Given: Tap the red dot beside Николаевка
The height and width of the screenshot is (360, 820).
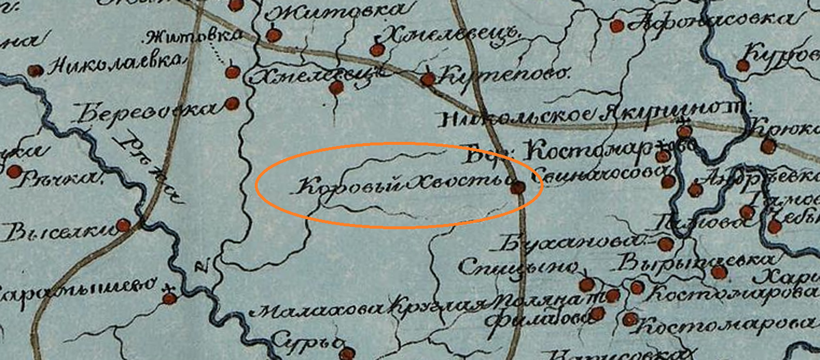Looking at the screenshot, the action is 35,70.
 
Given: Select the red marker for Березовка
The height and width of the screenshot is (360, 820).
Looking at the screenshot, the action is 232,104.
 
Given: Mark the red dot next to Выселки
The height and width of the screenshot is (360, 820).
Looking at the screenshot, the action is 123,225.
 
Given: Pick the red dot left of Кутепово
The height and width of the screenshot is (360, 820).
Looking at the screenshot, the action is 428,79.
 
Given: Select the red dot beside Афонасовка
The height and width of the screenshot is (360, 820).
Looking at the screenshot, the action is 616,26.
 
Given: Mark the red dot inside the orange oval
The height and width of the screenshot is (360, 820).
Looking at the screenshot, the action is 518,186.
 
